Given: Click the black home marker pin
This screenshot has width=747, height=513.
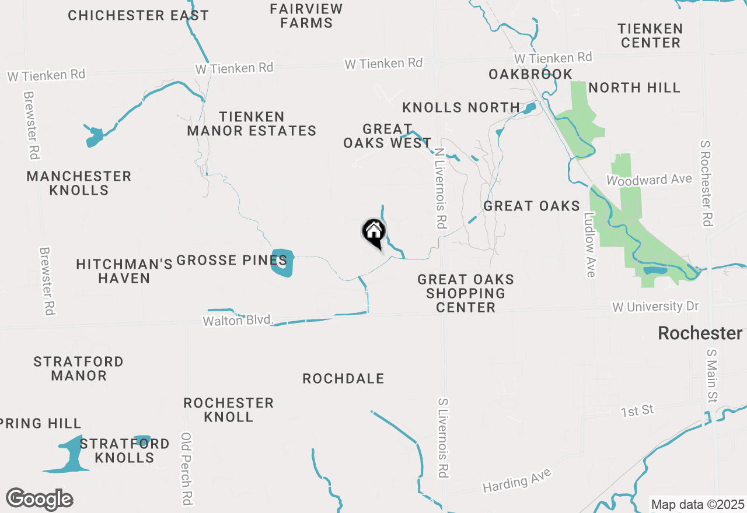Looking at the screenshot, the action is tap(373, 233).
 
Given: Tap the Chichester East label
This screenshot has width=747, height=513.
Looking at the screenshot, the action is tap(138, 16).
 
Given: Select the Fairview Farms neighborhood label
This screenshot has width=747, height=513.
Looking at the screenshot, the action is tap(306, 16).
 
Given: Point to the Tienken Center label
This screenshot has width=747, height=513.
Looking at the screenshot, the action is tap(650, 36).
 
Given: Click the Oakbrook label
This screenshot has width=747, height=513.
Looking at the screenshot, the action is tap(530, 74).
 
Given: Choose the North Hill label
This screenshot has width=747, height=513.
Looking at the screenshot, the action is tap(634, 88).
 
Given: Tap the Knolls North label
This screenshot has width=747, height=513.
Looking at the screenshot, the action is tap(461, 107).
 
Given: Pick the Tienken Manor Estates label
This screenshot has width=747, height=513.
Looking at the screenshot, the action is tap(252, 124).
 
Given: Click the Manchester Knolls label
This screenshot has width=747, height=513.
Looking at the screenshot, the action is tap(79, 183).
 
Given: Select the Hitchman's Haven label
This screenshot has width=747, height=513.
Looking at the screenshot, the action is tap(124, 271).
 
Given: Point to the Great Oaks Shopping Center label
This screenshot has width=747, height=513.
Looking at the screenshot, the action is tap(466, 293).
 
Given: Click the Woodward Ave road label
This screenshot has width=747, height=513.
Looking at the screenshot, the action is tap(649, 180).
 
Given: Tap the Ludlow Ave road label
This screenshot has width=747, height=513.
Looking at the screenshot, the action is tap(589, 244).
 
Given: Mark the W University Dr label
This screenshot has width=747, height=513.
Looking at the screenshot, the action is tap(655, 306).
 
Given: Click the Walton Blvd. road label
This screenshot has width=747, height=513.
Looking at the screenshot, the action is tap(238, 320).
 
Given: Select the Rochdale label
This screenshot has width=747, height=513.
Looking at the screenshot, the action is tap(343, 379).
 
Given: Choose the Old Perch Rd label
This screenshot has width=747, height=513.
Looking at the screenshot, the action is tap(187, 469).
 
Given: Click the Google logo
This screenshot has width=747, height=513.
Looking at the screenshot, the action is tap(40, 500).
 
